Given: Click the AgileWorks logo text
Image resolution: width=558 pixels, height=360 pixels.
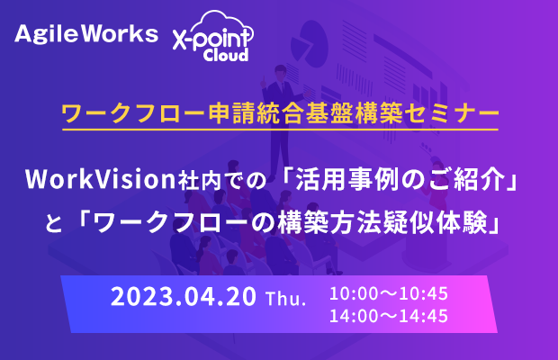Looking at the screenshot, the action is (86, 34).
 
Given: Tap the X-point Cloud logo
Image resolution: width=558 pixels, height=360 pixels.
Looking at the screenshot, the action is (212, 36).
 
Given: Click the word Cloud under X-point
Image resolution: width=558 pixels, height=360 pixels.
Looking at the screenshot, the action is (226, 55).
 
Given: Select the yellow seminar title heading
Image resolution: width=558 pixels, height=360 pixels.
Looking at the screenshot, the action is (281, 113).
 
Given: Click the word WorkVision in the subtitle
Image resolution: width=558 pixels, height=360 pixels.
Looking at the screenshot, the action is (101, 179).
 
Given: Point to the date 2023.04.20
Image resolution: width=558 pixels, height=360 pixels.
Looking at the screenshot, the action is (184, 296).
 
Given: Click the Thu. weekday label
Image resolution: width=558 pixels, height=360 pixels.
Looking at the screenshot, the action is (286, 299).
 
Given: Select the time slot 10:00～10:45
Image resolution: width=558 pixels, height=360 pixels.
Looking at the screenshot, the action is (389, 293).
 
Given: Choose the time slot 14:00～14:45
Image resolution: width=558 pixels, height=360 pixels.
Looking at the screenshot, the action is (389, 316).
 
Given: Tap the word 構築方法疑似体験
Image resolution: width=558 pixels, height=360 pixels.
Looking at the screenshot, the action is (382, 223).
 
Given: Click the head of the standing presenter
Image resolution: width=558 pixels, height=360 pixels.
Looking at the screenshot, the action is (281, 71).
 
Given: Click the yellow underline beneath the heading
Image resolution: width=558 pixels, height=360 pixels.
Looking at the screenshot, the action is (281, 130).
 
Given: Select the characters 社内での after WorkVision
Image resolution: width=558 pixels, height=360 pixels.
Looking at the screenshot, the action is (222, 180).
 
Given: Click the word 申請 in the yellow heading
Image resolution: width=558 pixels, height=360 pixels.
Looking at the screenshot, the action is (231, 113).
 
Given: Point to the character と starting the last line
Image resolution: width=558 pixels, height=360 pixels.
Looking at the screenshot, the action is (54, 224).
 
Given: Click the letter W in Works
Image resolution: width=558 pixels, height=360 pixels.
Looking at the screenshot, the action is (95, 34).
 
